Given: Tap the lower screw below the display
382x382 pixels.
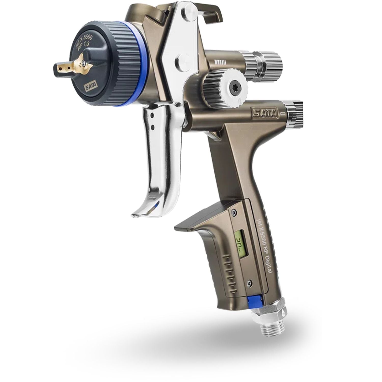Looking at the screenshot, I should pos(250,282).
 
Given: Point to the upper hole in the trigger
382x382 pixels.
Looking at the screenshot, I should pos(152,116).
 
